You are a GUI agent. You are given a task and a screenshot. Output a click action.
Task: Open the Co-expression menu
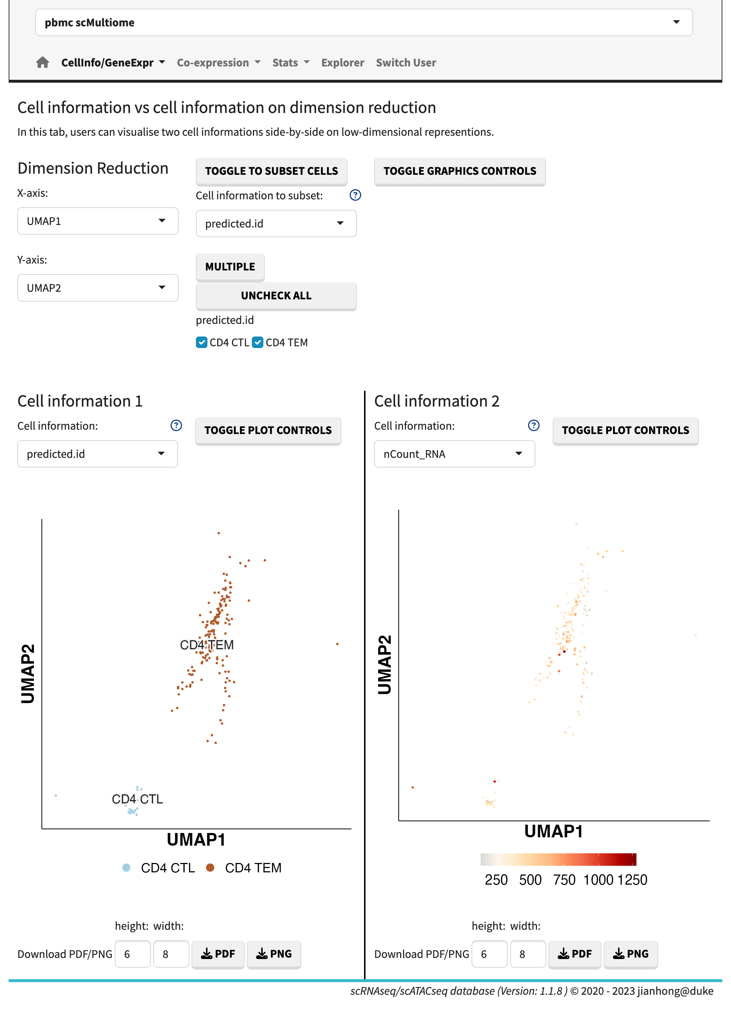click(218, 62)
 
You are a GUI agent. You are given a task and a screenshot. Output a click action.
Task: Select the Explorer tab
click(342, 62)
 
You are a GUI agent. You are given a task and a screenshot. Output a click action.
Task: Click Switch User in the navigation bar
click(406, 62)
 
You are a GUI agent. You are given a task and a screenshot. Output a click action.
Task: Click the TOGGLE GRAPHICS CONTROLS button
click(459, 171)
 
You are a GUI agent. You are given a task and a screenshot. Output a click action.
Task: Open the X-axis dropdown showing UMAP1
click(97, 221)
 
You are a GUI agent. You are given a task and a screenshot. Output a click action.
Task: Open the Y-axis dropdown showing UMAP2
click(97, 288)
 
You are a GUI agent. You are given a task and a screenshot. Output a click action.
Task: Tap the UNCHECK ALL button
click(276, 296)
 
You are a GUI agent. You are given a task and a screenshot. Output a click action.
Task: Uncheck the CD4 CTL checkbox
click(202, 342)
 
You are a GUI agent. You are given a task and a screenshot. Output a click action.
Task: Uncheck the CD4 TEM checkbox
click(258, 342)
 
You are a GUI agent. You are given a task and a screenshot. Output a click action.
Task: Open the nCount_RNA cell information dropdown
click(454, 454)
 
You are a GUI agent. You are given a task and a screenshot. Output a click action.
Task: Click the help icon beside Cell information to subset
click(355, 195)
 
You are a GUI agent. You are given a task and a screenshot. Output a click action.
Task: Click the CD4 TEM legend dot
click(210, 867)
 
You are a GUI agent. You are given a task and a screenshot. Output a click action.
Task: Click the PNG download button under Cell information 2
click(630, 954)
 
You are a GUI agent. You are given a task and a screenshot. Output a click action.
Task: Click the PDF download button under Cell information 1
click(218, 954)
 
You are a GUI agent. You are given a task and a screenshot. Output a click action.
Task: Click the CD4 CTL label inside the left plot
click(137, 799)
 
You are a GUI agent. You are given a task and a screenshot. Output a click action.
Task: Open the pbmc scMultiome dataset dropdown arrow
click(676, 22)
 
